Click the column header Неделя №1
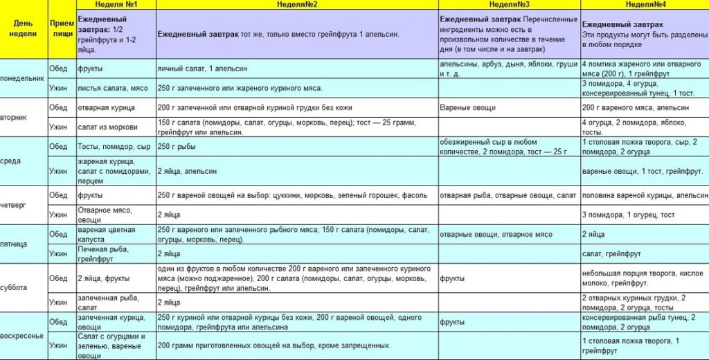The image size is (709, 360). tap(114, 4)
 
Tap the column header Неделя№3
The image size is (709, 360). tap(510, 4)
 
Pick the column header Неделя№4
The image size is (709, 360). tap(644, 4)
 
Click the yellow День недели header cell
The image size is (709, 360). tap(23, 28)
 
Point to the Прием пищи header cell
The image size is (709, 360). tap(62, 28)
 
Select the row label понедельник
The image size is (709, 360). tap(23, 79)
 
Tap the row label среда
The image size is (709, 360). tap(11, 161)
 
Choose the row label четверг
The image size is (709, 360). tap(14, 204)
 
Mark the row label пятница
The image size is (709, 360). tap(14, 244)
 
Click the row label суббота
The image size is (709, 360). tap(14, 287)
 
